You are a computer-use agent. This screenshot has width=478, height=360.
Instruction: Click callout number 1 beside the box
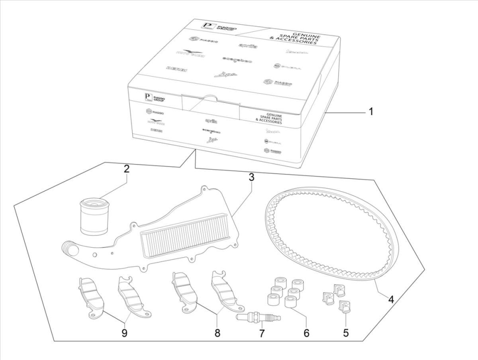[370, 112]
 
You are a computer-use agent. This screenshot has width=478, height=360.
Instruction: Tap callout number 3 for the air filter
[251, 178]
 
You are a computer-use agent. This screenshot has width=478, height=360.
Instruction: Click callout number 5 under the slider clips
[346, 333]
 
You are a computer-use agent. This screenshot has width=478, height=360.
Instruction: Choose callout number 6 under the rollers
[306, 333]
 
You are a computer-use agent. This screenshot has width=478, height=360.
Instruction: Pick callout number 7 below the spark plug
[262, 333]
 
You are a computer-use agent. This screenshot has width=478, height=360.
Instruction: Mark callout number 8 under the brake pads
[217, 333]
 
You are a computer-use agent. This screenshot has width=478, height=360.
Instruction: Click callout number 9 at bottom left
[124, 333]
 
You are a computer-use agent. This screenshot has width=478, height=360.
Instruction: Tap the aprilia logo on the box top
[247, 47]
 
